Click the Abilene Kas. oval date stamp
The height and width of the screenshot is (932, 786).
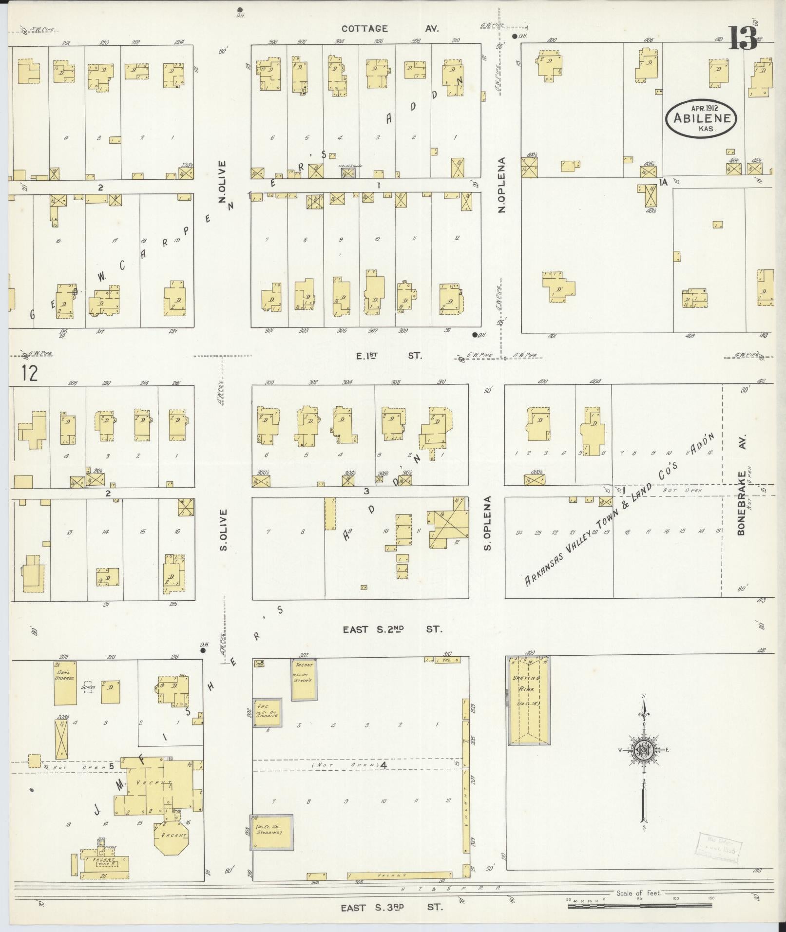(702, 117)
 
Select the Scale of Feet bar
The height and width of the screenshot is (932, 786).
(639, 906)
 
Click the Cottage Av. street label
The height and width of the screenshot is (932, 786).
(390, 29)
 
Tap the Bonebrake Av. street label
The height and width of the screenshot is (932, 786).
(742, 502)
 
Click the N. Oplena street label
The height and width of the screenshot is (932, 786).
(502, 185)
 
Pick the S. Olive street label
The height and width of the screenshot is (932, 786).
(224, 530)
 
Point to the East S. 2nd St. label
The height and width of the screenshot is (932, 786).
(392, 629)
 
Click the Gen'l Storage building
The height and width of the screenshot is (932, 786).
(65, 683)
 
